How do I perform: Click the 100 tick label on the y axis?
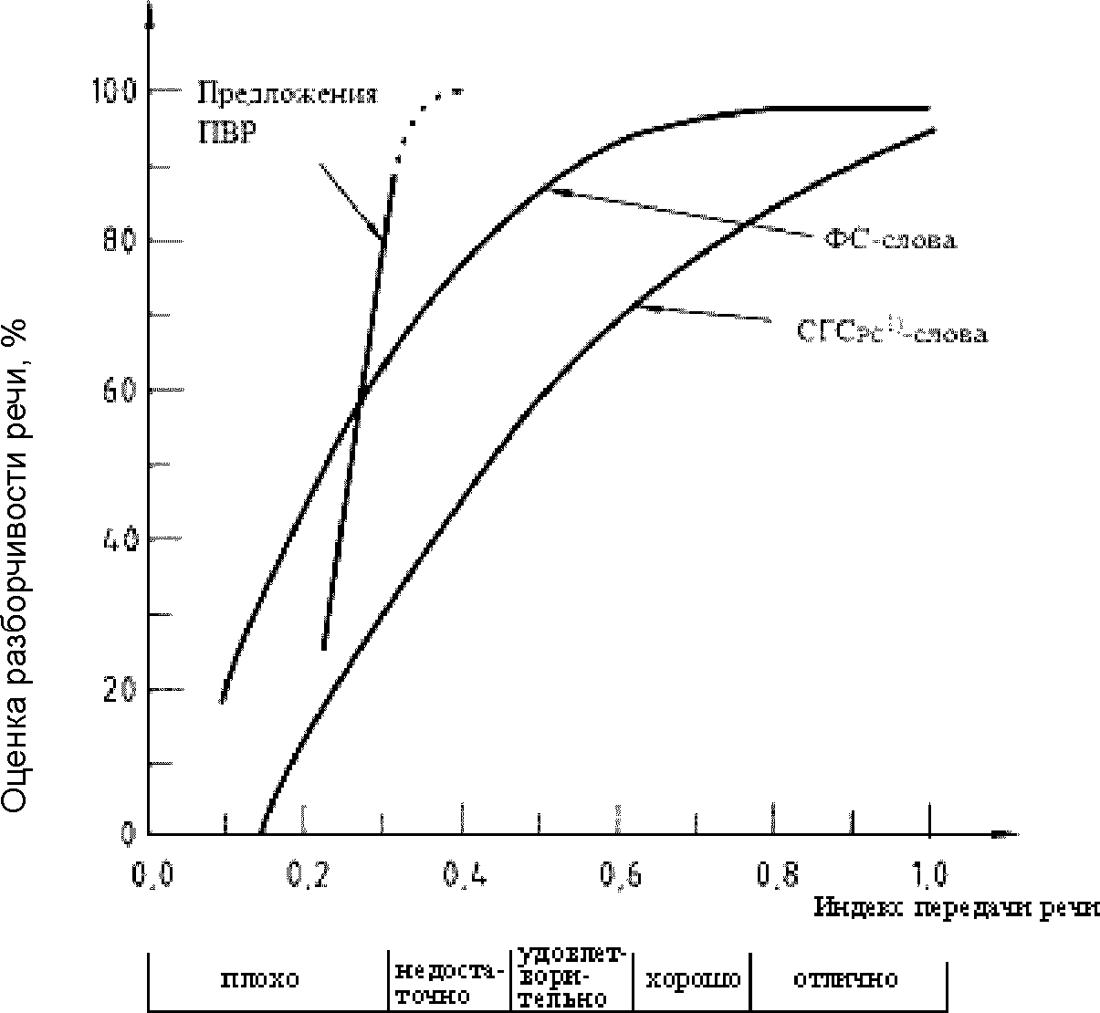113,90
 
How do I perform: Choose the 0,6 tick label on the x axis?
619,876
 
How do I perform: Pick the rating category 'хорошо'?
693,981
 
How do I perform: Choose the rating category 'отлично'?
845,981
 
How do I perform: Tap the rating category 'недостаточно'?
447,981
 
